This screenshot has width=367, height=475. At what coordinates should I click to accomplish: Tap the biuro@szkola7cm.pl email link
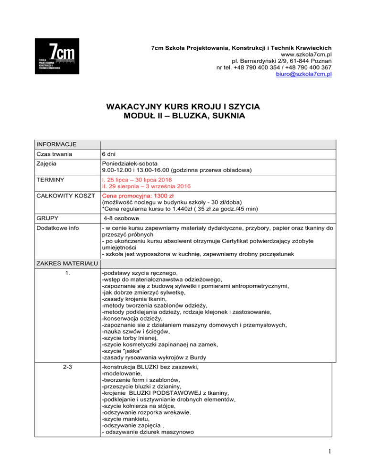304,75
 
